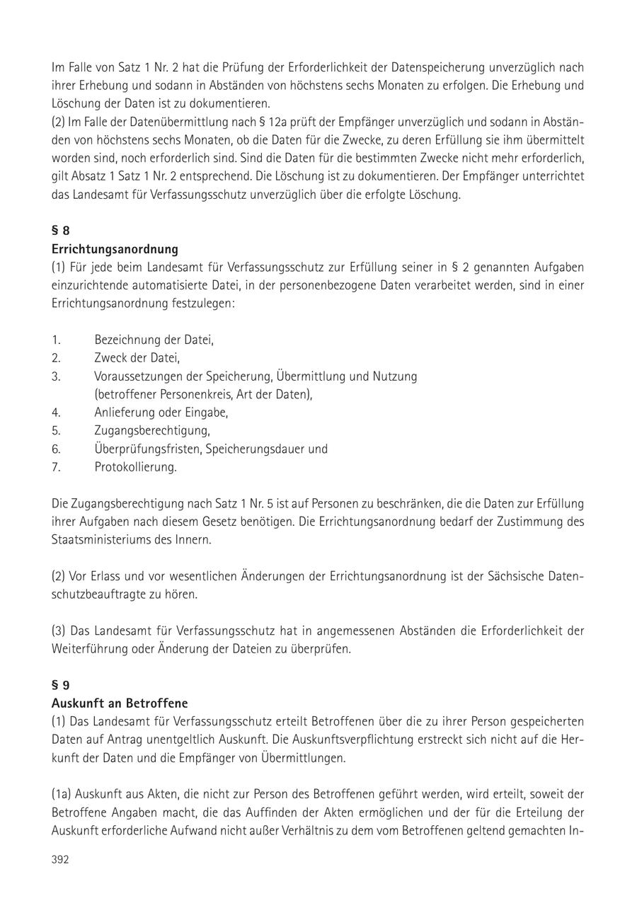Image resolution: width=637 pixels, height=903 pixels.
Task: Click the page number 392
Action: point(60,860)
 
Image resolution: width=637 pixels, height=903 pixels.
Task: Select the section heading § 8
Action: point(61,231)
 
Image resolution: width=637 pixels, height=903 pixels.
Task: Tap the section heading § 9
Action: point(61,685)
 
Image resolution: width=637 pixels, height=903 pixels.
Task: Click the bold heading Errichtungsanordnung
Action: point(115,249)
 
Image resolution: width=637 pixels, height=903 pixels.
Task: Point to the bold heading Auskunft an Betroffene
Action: point(120,703)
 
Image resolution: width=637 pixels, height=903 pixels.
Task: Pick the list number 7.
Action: point(56,467)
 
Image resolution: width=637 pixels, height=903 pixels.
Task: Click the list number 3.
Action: point(56,376)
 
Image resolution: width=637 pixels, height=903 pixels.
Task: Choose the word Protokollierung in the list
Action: point(135,467)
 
